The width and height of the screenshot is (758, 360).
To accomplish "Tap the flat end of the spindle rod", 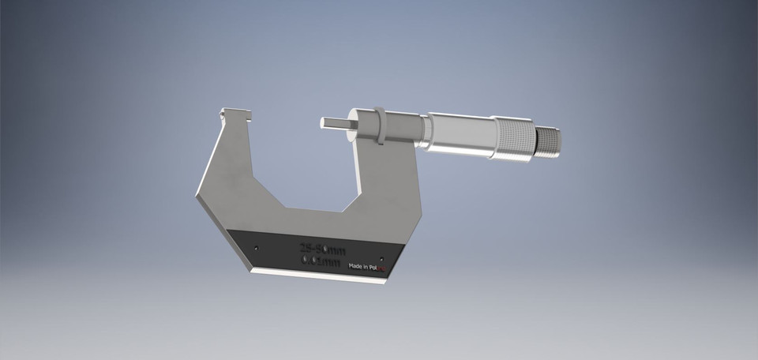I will click(x=323, y=124).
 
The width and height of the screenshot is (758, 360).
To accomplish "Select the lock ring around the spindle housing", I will click(x=380, y=126).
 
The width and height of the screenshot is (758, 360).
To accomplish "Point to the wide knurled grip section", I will click(x=513, y=139).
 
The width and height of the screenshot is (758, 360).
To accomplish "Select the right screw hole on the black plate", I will click(x=382, y=258).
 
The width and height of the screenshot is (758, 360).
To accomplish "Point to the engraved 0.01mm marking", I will click(x=322, y=261).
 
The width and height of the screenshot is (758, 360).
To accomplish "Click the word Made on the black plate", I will click(x=357, y=267).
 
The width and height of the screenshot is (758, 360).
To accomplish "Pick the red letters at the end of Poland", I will click(x=385, y=269).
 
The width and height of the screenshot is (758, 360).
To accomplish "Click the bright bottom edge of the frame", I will click(x=316, y=276).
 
